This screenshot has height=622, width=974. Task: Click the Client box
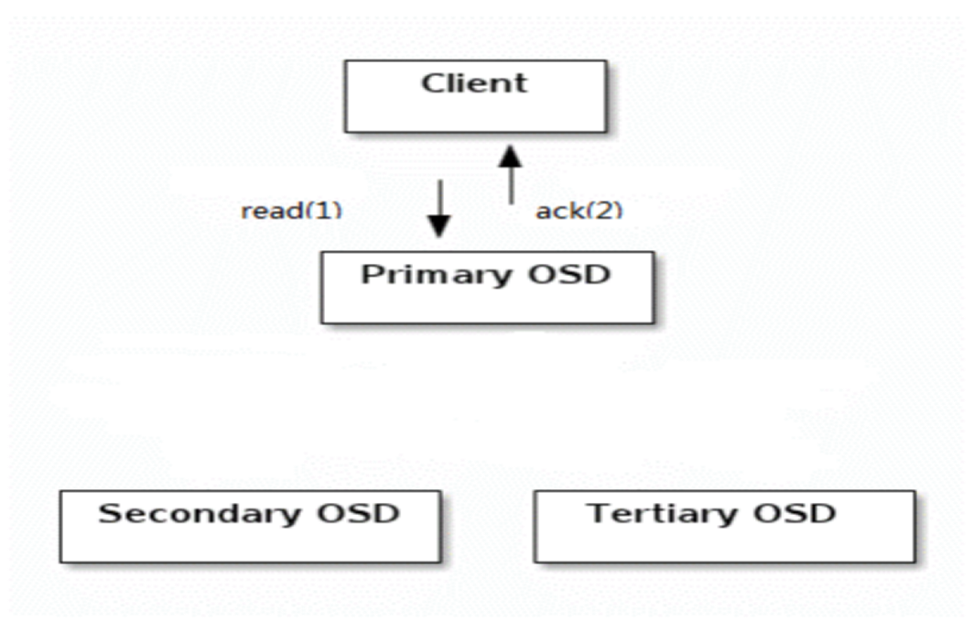tap(476, 96)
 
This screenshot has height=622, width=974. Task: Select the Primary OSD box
tap(488, 288)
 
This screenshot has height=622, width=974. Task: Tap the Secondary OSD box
tap(251, 527)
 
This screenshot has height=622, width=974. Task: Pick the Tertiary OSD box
tap(725, 527)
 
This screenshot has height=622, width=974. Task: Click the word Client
tap(474, 83)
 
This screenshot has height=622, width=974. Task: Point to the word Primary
tap(433, 275)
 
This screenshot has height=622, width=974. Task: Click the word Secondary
tap(200, 515)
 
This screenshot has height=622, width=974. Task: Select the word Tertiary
tap(664, 515)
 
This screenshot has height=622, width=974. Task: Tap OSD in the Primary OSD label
tap(569, 274)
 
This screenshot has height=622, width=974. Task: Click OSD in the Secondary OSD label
tap(359, 513)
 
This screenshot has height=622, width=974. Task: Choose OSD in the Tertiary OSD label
tap(795, 513)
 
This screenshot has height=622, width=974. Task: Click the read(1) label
tap(291, 211)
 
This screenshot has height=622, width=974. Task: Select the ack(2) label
tap(579, 211)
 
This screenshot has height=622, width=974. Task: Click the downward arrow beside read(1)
tap(439, 209)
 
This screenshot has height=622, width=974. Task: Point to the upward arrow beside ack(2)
tap(511, 175)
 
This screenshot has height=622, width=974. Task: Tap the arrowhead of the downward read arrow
tap(439, 226)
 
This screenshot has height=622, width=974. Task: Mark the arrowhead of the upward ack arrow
tap(511, 157)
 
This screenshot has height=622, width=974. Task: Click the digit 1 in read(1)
tap(321, 210)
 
